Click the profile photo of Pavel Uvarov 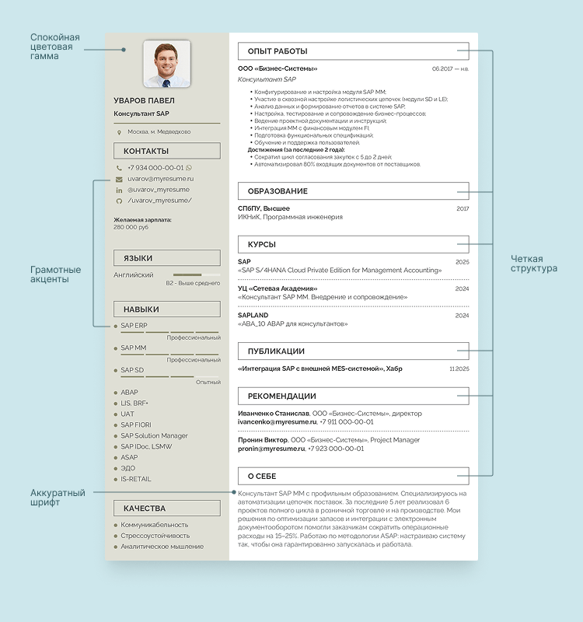tap(167, 63)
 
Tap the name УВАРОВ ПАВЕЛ tap(144, 100)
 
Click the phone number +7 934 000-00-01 tap(155, 167)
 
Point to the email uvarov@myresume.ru tap(160, 178)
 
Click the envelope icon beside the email tap(119, 179)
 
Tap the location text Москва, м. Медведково tap(159, 131)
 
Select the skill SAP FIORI tap(136, 425)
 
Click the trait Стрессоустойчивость tap(155, 536)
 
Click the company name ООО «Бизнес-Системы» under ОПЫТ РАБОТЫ tap(272, 68)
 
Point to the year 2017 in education tap(463, 208)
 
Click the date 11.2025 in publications tap(459, 369)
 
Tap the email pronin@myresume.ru tap(271, 449)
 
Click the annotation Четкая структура tap(533, 264)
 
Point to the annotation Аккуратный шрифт tap(55, 498)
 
